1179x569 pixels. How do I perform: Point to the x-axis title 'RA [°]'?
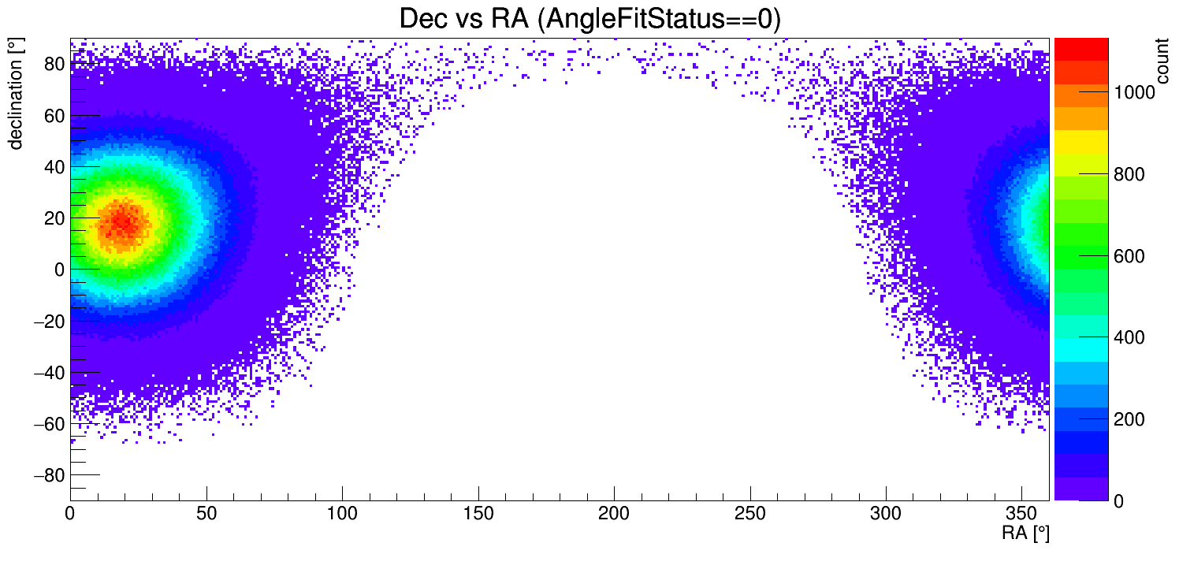(1025, 534)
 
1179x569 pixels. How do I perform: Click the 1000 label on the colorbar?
(1133, 93)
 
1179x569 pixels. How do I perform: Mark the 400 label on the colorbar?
(1129, 337)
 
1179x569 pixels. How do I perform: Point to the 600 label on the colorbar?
(1129, 256)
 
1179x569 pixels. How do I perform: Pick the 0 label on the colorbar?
(1118, 500)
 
